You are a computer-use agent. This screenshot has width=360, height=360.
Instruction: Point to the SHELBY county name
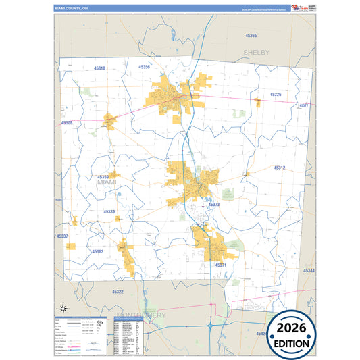(x=257, y=52)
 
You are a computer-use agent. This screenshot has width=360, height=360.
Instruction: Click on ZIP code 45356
(x=145, y=67)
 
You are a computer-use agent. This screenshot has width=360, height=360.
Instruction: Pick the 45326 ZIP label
(x=276, y=95)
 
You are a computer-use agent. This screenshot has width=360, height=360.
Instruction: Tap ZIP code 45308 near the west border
(x=66, y=123)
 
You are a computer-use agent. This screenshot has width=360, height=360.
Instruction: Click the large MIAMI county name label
(x=107, y=182)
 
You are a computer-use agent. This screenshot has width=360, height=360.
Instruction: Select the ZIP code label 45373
(x=214, y=204)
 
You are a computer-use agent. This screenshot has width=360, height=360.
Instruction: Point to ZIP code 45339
(x=109, y=212)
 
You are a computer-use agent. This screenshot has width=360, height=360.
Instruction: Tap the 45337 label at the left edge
(x=62, y=236)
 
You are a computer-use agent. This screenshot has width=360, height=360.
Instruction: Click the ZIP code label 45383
(x=97, y=251)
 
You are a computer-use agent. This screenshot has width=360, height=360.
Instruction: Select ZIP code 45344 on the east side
(x=308, y=270)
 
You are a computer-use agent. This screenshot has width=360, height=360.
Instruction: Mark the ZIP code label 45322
(x=118, y=292)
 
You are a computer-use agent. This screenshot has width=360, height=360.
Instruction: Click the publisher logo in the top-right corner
(x=298, y=8)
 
